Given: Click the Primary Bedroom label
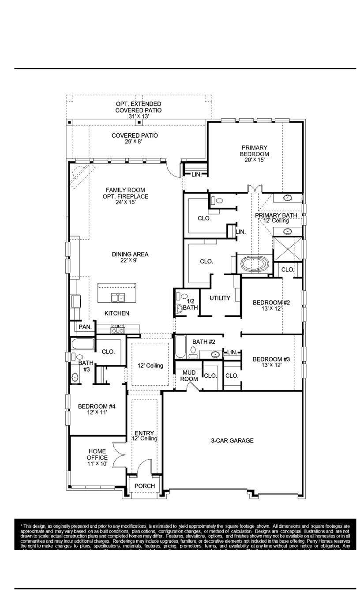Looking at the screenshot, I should [254, 151].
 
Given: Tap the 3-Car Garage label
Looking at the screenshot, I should [232, 440].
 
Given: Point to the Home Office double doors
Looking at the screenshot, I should [119, 454].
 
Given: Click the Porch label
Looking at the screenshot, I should [145, 486].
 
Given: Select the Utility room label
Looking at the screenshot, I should [220, 298].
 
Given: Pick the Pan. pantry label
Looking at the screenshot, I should [85, 327].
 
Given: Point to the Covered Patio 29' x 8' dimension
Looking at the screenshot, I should [135, 142].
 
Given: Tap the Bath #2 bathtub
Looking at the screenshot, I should [180, 347].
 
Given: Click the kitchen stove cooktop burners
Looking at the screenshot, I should [117, 329].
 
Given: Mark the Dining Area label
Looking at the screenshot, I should [130, 255].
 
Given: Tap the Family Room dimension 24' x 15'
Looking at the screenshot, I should [126, 202].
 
